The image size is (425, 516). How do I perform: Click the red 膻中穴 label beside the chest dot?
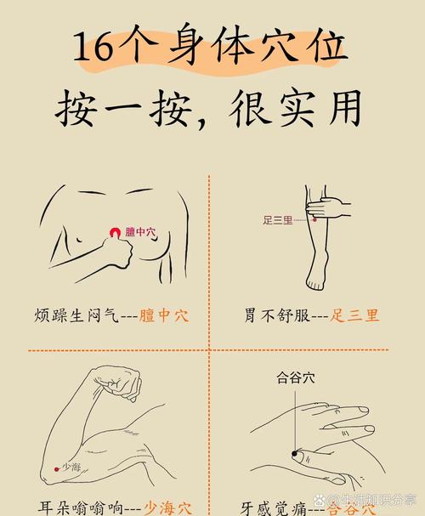pyautogui.click(x=140, y=231)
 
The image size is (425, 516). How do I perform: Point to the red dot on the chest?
pyautogui.click(x=116, y=232)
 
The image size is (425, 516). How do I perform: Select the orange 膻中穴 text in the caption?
pyautogui.click(x=163, y=315)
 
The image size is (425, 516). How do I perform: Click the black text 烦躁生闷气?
pyautogui.click(x=71, y=315)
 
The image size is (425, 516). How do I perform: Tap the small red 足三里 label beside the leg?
pyautogui.click(x=277, y=220)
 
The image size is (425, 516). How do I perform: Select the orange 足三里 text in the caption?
pyautogui.click(x=355, y=315)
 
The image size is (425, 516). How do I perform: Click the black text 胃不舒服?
pyautogui.click(x=273, y=315)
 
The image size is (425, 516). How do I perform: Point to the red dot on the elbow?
pyautogui.click(x=56, y=468)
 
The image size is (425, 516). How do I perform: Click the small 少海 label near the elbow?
pyautogui.click(x=71, y=467)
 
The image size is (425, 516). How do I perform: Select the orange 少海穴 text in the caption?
pyautogui.click(x=167, y=508)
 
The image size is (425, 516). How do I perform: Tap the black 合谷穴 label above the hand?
pyautogui.click(x=295, y=379)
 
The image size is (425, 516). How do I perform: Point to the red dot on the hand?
pyautogui.click(x=295, y=455)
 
